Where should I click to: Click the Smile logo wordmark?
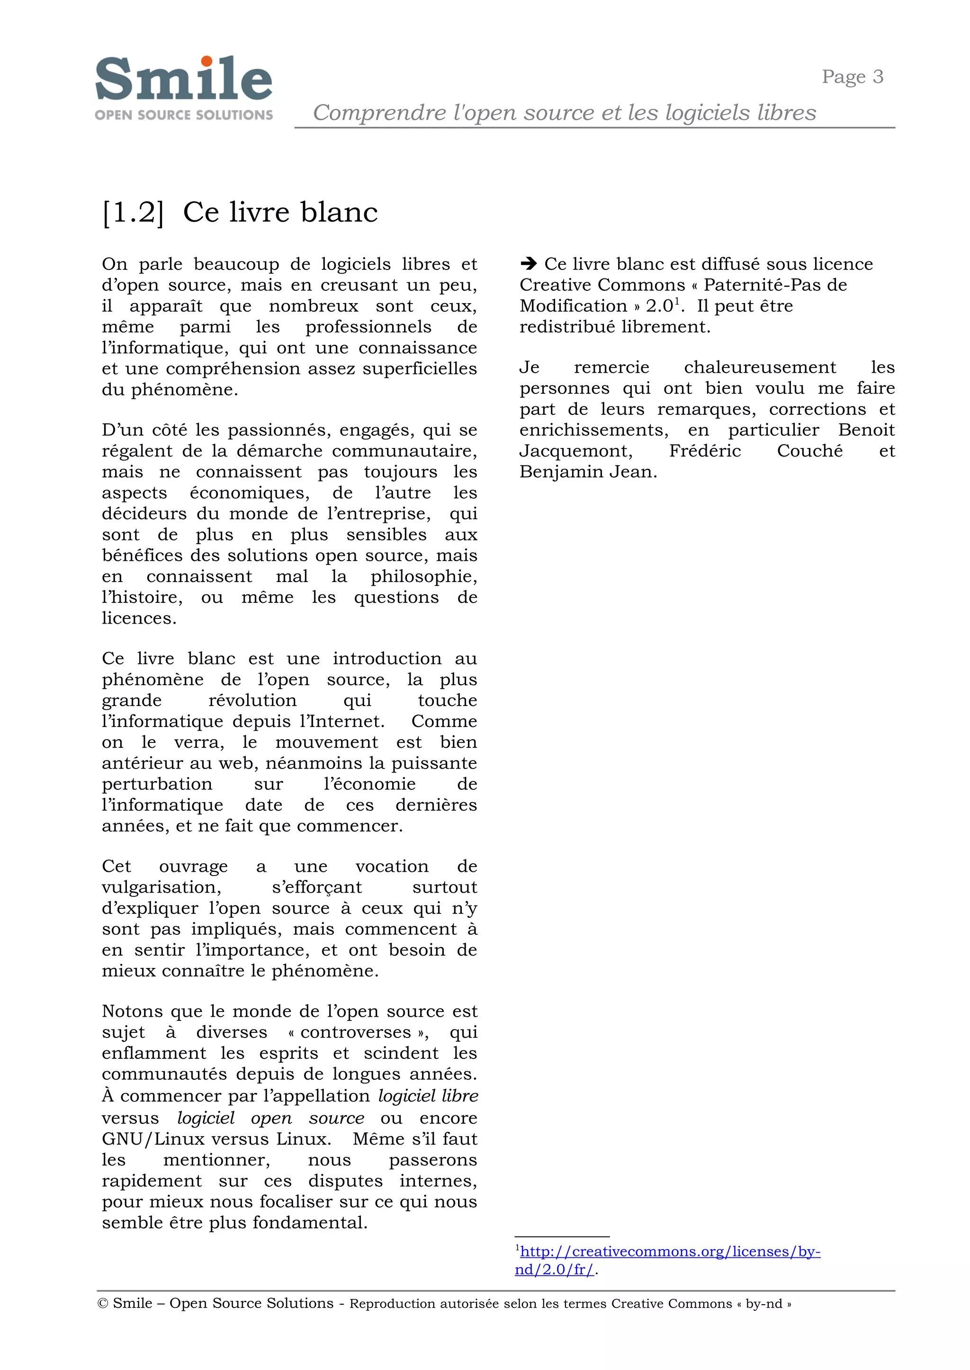[183, 80]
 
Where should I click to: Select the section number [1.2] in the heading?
[133, 213]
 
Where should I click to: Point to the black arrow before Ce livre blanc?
[529, 263]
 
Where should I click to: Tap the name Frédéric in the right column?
[705, 451]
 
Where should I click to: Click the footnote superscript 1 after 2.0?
[677, 301]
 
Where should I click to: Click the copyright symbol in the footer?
[102, 1304]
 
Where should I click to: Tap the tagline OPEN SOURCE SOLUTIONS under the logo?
[183, 115]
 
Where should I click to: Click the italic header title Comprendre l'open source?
[564, 112]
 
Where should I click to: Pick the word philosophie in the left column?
[423, 576]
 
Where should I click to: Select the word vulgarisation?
[161, 887]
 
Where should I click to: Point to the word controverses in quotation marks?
[356, 1032]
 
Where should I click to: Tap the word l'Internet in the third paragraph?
[341, 721]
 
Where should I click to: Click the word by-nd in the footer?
[763, 1304]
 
